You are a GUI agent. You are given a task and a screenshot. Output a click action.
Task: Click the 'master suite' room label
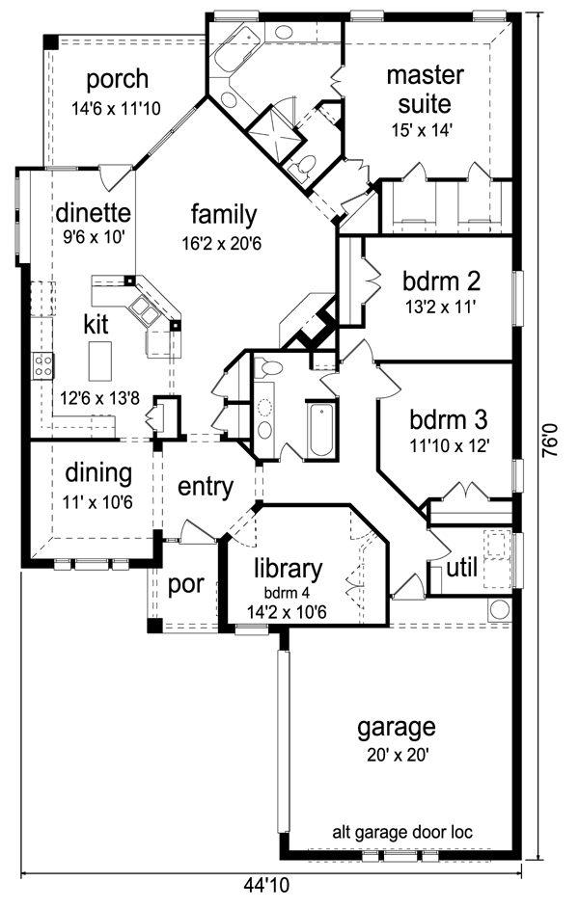(x=425, y=90)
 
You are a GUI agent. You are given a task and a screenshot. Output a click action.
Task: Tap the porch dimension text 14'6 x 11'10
(x=116, y=108)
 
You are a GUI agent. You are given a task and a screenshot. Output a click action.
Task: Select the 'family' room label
(x=224, y=215)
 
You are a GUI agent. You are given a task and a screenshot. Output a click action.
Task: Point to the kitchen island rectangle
(x=100, y=361)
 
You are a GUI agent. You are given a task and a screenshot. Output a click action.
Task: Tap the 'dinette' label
(x=93, y=213)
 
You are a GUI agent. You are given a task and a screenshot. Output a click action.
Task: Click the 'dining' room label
(x=98, y=473)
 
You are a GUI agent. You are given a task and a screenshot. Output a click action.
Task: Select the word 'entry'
(x=206, y=487)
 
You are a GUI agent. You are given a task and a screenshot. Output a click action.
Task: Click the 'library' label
(x=288, y=570)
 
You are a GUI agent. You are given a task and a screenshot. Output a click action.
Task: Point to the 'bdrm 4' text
(x=288, y=593)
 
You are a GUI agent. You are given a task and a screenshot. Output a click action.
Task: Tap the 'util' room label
(x=462, y=568)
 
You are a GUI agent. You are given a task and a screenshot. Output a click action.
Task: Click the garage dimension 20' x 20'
(x=398, y=755)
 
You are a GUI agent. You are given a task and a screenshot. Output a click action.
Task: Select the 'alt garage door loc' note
(x=402, y=833)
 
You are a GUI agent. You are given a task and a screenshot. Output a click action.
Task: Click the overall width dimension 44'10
(x=266, y=885)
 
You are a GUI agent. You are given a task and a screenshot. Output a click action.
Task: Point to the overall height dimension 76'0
(x=551, y=440)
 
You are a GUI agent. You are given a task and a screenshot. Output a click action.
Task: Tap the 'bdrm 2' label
(x=442, y=281)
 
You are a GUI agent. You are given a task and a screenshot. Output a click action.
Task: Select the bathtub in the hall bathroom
(x=320, y=430)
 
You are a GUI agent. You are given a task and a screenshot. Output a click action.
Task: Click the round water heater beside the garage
(x=499, y=610)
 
